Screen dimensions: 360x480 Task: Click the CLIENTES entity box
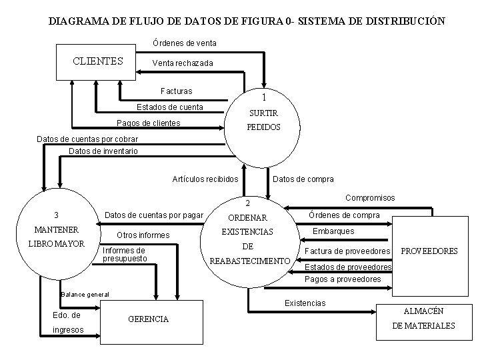coord(98,61)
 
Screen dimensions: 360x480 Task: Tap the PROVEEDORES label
coord(429,251)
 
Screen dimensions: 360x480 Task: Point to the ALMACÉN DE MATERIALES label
coord(423,319)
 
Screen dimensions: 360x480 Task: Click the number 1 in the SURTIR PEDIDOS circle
coord(264,97)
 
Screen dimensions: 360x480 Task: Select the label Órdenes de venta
coord(184,43)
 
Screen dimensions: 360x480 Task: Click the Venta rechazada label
coord(183,63)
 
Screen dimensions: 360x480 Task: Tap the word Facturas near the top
coord(177,91)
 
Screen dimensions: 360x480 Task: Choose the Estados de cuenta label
coord(169,107)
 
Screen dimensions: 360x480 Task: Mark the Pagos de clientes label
coord(148,123)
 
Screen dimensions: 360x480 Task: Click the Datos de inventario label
coord(103,151)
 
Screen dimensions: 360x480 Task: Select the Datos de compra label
coord(303,179)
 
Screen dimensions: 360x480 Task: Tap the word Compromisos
coord(370,198)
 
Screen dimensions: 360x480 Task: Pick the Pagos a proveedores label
coord(342,279)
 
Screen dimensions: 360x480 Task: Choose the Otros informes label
coord(143,235)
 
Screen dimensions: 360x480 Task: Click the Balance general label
coord(85,294)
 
